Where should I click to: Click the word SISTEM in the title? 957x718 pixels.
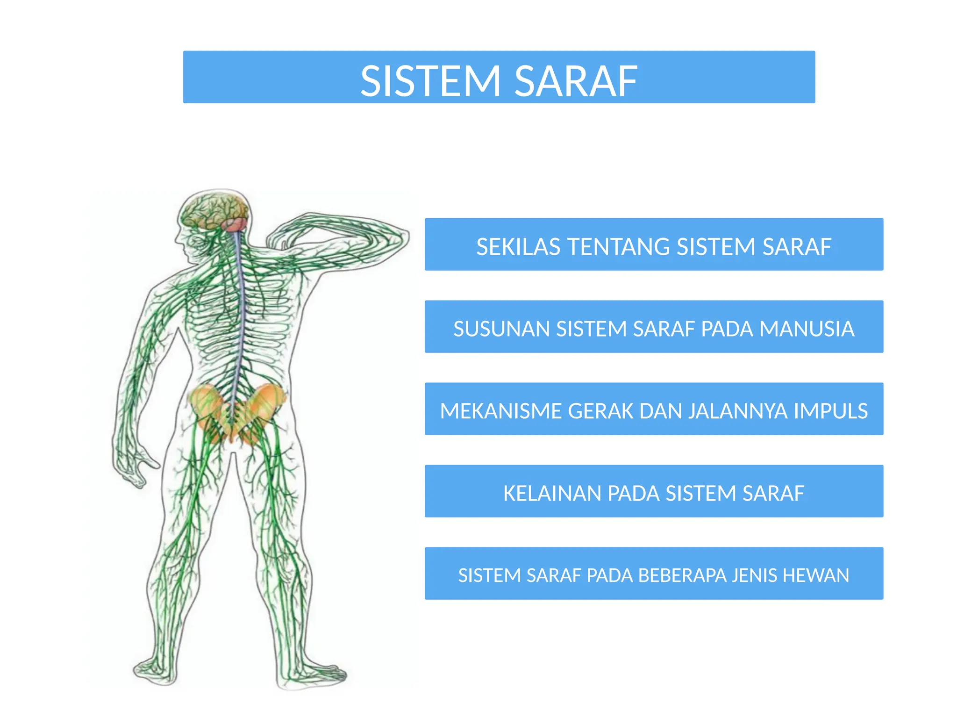tap(430, 82)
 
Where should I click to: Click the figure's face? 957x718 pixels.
tap(187, 243)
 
